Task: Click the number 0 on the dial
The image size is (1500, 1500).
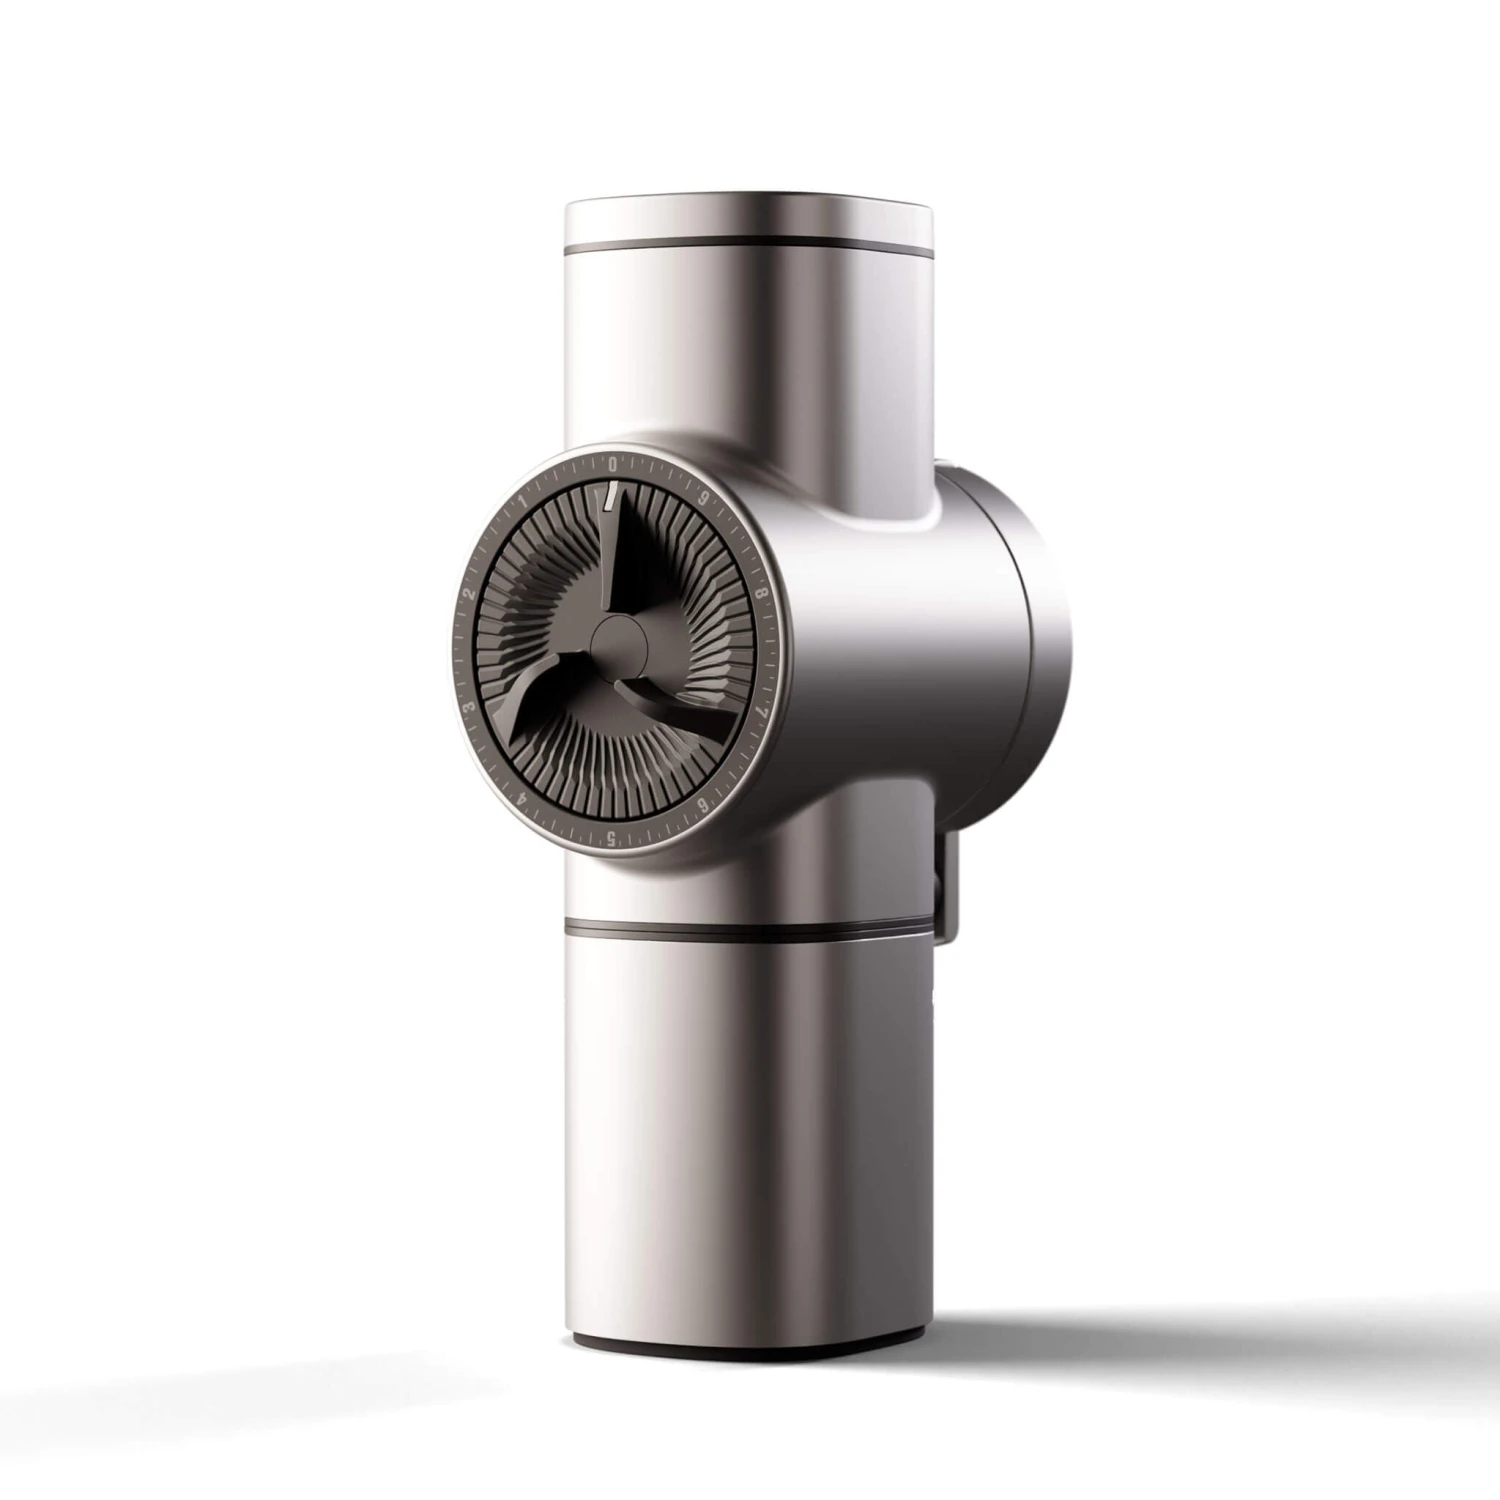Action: pos(612,464)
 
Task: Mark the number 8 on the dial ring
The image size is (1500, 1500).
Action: pos(764,592)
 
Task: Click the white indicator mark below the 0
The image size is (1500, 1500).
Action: pos(607,494)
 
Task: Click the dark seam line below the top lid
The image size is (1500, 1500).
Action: pos(750,245)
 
